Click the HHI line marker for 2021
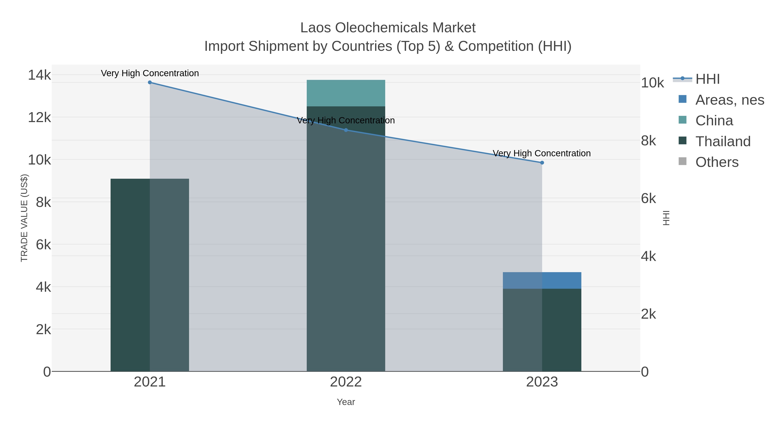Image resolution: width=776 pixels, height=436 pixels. click(150, 82)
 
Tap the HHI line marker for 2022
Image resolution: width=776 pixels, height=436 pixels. click(346, 130)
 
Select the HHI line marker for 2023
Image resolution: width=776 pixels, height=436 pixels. click(542, 163)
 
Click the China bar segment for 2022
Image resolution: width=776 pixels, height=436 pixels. click(346, 93)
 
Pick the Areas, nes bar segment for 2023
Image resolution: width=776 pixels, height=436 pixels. click(542, 280)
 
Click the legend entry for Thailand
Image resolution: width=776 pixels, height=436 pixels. click(723, 141)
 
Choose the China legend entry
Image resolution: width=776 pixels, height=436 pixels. click(714, 120)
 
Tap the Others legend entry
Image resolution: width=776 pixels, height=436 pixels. click(717, 162)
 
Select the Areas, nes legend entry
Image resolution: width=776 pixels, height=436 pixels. click(729, 100)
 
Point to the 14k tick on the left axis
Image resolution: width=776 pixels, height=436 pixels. click(39, 75)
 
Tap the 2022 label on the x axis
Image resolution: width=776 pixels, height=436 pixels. click(346, 382)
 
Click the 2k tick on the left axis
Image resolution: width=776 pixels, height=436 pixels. click(43, 329)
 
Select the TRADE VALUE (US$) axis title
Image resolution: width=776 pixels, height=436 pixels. click(24, 218)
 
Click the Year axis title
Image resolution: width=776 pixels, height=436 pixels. click(346, 402)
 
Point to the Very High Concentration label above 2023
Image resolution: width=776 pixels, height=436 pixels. click(542, 153)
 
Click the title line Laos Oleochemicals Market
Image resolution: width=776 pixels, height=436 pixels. click(388, 28)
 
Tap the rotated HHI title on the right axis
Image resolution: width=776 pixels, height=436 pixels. click(666, 218)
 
